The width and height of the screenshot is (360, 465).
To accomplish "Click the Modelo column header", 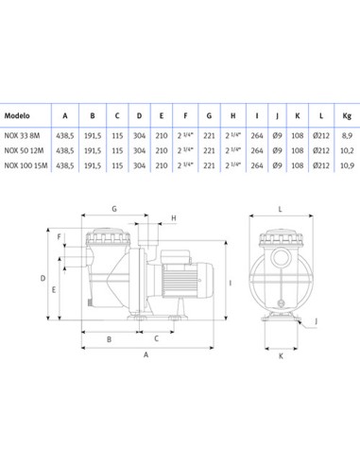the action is click(17, 115).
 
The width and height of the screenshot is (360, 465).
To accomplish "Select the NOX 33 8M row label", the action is click(22, 136).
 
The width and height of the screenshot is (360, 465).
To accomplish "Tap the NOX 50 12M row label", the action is click(24, 150).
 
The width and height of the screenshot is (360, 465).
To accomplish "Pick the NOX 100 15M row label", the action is click(26, 165).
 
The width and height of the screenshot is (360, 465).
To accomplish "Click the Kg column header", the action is click(347, 116).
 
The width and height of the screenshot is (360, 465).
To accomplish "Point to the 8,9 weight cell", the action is click(347, 136).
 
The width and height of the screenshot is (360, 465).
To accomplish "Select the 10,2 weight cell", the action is click(347, 150).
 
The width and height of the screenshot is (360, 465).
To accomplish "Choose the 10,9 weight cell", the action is click(347, 165).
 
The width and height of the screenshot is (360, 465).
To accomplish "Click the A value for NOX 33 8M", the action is click(65, 136).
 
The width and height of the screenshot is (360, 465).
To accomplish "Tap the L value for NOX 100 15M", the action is click(321, 165).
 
